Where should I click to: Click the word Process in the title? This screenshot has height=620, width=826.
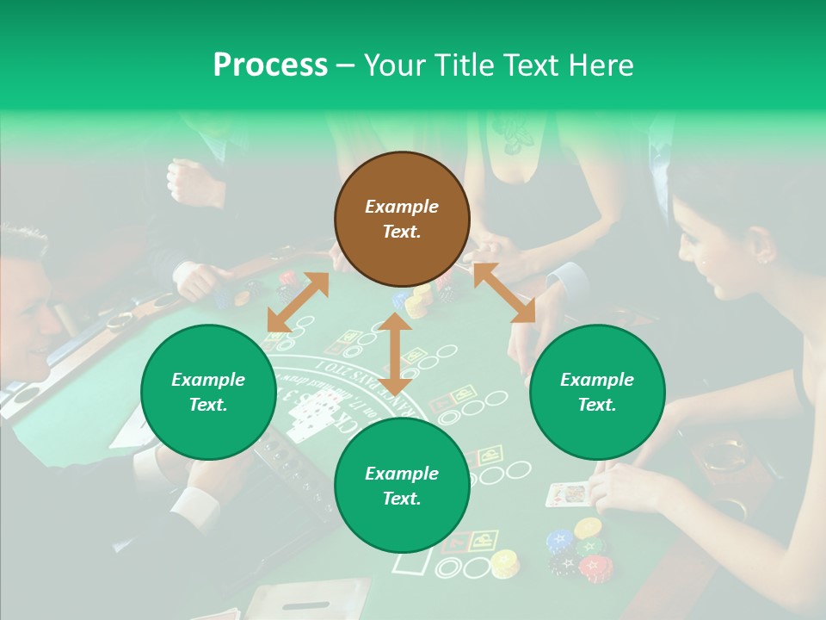270,65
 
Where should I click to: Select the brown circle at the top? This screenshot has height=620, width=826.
402,219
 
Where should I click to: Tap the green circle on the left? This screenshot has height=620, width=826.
208,392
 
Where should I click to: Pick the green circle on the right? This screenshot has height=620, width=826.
597,392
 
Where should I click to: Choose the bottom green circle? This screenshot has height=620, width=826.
402,486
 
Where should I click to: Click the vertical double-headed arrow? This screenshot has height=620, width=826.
395,354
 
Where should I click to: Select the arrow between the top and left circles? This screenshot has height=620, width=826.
298,302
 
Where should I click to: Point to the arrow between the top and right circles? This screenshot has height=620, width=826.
504,293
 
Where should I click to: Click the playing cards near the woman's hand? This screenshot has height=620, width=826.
568,494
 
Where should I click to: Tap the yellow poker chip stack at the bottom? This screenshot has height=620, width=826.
504,563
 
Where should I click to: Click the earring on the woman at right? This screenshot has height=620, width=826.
762,256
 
